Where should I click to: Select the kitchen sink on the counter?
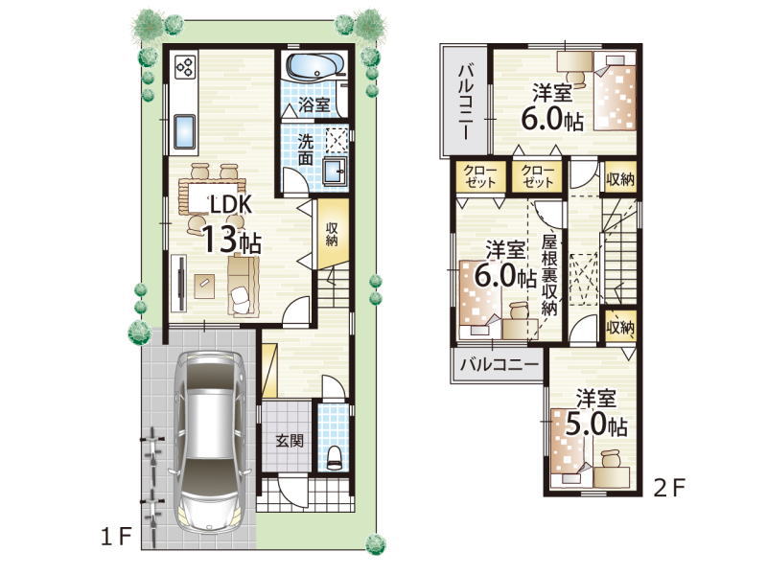[x=184, y=132]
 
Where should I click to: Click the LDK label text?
[x=230, y=205]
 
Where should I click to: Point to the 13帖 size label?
[x=231, y=241]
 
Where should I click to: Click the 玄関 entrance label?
[x=290, y=441]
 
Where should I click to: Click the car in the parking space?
[x=209, y=442]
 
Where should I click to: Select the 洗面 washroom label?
[x=306, y=150]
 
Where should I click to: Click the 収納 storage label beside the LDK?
[x=332, y=234]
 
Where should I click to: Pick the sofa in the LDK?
[x=243, y=286]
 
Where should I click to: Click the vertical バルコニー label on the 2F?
[x=466, y=102]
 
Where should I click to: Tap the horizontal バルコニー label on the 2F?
[x=500, y=364]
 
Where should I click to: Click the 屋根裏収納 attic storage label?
[x=549, y=275]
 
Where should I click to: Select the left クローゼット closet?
[x=480, y=176]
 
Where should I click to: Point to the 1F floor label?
[x=116, y=538]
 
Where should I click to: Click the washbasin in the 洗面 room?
[x=336, y=172]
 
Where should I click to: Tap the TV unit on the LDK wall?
[x=179, y=284]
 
